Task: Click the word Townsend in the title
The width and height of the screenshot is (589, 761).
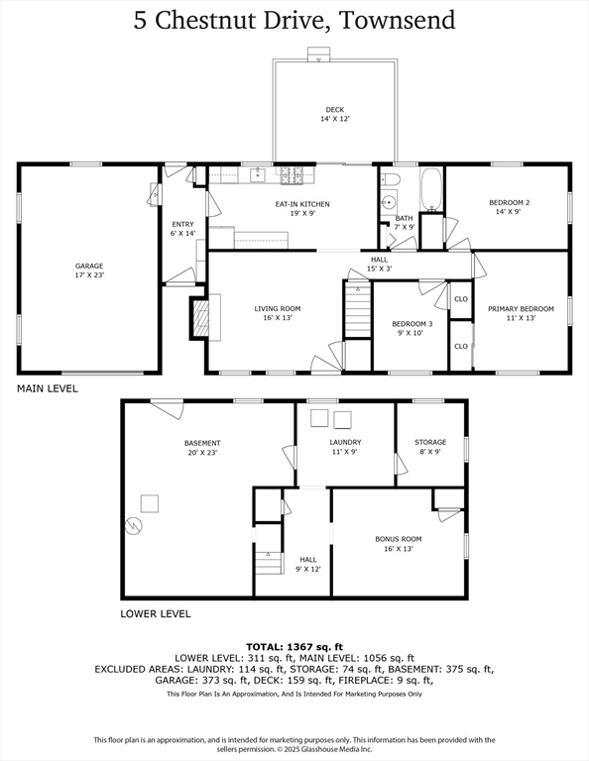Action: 397,21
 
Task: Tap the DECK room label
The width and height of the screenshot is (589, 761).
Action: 335,110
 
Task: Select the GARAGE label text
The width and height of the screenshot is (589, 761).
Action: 89,266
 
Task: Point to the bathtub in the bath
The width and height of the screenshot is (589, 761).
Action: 431,189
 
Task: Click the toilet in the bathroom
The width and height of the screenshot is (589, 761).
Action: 390,179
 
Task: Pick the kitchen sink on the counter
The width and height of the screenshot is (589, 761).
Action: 258,174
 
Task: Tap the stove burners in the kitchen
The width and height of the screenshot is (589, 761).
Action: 292,175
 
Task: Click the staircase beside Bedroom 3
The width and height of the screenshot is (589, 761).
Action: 358,310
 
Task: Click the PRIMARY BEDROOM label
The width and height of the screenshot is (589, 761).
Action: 521,309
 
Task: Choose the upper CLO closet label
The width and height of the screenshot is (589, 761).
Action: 461,299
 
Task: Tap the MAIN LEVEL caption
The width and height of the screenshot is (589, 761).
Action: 48,388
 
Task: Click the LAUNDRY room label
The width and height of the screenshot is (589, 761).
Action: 345,442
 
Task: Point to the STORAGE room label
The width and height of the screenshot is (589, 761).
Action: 430,442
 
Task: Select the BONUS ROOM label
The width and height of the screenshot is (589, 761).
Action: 399,539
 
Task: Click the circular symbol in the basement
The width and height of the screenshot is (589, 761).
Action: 133,526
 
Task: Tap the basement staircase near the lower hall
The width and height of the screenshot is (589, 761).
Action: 269,563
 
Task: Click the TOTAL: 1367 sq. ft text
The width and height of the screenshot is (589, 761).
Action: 294,647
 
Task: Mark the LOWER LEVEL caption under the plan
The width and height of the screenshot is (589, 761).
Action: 156,614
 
